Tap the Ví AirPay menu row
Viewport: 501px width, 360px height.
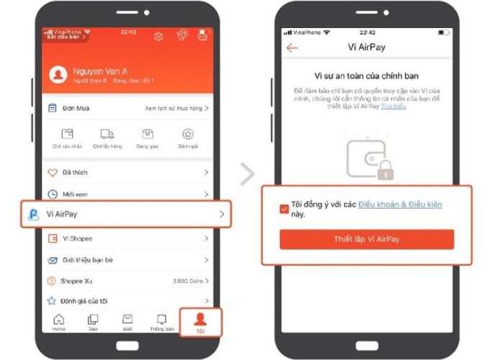(x=126, y=214)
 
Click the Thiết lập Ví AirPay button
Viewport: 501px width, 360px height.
(x=366, y=239)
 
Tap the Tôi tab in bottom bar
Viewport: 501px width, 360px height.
(x=200, y=322)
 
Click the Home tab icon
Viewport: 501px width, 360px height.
(x=58, y=322)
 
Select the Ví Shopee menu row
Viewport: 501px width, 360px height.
(x=126, y=238)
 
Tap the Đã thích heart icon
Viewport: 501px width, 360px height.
(x=53, y=173)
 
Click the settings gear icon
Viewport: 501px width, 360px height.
(x=159, y=37)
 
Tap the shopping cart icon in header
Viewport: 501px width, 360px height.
(x=181, y=37)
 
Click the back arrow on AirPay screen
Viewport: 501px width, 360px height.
(x=292, y=48)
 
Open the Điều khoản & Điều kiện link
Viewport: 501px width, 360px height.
(x=400, y=205)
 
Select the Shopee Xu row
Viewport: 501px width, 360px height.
(x=126, y=281)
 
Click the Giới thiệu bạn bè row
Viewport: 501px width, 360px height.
(x=126, y=260)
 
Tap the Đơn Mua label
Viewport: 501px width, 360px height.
(x=75, y=108)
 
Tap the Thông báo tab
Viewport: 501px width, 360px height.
(x=162, y=322)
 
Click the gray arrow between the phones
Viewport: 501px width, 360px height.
(x=248, y=174)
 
